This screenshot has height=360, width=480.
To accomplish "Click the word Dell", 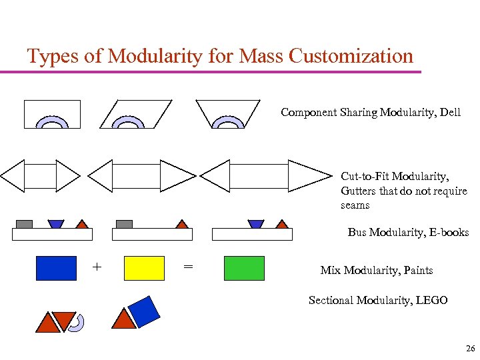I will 449,112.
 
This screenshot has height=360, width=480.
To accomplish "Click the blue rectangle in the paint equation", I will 56,267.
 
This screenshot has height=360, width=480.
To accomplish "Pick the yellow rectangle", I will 144,267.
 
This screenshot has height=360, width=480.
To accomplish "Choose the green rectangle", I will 244,267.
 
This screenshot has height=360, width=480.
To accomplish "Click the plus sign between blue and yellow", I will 97,267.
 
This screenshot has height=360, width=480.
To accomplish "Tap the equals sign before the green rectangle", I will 188,267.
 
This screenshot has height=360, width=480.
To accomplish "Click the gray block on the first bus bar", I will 24,224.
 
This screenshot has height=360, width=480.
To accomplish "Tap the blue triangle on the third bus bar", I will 255,224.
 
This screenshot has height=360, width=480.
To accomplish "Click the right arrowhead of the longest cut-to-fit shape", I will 307,176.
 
